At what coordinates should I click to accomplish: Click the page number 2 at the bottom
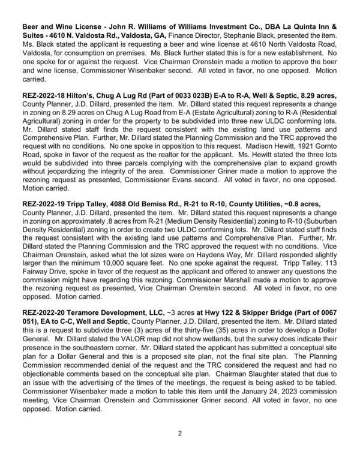coord(179,433)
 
